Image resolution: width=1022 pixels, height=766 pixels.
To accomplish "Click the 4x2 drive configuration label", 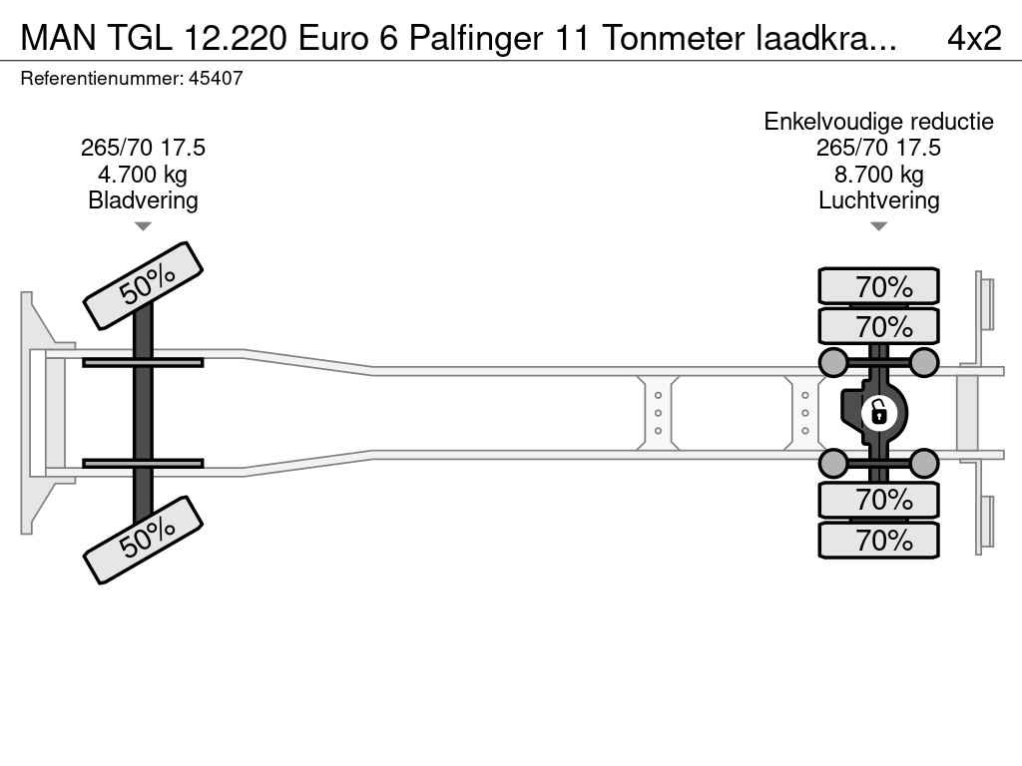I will pyautogui.click(x=973, y=37).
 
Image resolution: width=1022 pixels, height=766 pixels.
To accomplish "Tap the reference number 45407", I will pyautogui.click(x=215, y=78).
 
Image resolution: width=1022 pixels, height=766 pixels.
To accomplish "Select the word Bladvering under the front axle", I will pyautogui.click(x=143, y=200).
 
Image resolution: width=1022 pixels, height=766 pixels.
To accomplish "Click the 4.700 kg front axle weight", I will pyautogui.click(x=143, y=175).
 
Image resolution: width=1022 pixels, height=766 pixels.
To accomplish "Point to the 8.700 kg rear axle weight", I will pyautogui.click(x=878, y=175).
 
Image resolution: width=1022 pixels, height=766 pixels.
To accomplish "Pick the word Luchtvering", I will pyautogui.click(x=878, y=200).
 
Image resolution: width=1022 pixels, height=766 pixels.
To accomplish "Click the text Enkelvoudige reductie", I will pyautogui.click(x=878, y=122).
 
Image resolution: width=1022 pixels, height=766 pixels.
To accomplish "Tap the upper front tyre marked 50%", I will pyautogui.click(x=144, y=285).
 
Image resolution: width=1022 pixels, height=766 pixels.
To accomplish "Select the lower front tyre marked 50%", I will pyautogui.click(x=144, y=539).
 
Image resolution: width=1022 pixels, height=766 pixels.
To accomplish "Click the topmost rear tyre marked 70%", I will pyautogui.click(x=878, y=286).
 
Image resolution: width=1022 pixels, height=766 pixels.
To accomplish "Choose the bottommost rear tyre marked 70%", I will pyautogui.click(x=878, y=541).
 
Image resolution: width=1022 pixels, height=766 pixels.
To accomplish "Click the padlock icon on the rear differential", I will pyautogui.click(x=878, y=411).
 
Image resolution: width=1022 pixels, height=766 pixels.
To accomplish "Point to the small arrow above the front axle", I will pyautogui.click(x=143, y=226).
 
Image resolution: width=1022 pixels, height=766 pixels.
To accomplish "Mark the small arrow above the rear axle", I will pyautogui.click(x=878, y=226).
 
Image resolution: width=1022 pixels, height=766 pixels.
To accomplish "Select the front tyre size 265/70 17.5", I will pyautogui.click(x=143, y=149).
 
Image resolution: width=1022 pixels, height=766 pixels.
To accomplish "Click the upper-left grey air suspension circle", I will pyautogui.click(x=832, y=361).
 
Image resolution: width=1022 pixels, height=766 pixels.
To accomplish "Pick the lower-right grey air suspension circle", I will pyautogui.click(x=924, y=463).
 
